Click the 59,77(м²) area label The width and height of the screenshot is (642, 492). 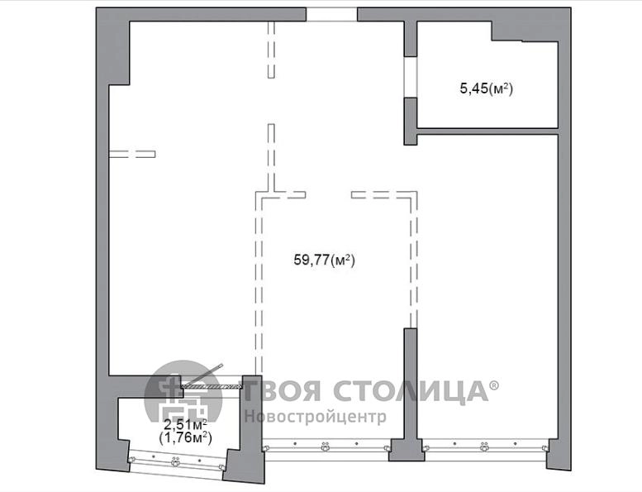coord(324,260)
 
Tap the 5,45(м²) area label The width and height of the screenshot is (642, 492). coord(487,88)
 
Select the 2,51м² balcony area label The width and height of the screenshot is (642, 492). coord(185,423)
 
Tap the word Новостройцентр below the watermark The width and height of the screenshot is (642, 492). coord(316,417)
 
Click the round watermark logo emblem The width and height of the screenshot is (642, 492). coord(183,391)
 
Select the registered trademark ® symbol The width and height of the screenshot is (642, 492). coord(495,385)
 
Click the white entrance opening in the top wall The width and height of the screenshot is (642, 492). coord(331,14)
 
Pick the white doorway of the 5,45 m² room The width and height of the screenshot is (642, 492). coord(411,77)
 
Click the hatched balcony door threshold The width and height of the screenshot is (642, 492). coord(210,386)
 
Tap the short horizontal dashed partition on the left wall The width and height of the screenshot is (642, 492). coord(132,154)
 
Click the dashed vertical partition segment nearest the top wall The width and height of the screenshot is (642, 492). coord(271,50)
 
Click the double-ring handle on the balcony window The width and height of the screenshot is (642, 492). coord(176,462)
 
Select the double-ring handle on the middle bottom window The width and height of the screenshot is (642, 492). coord(326,447)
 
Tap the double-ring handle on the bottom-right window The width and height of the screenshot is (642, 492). coord(485,447)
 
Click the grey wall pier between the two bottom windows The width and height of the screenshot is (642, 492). coord(407,450)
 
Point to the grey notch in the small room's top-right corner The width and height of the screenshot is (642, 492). coord(525,31)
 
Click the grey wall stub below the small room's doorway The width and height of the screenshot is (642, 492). coord(411,122)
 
